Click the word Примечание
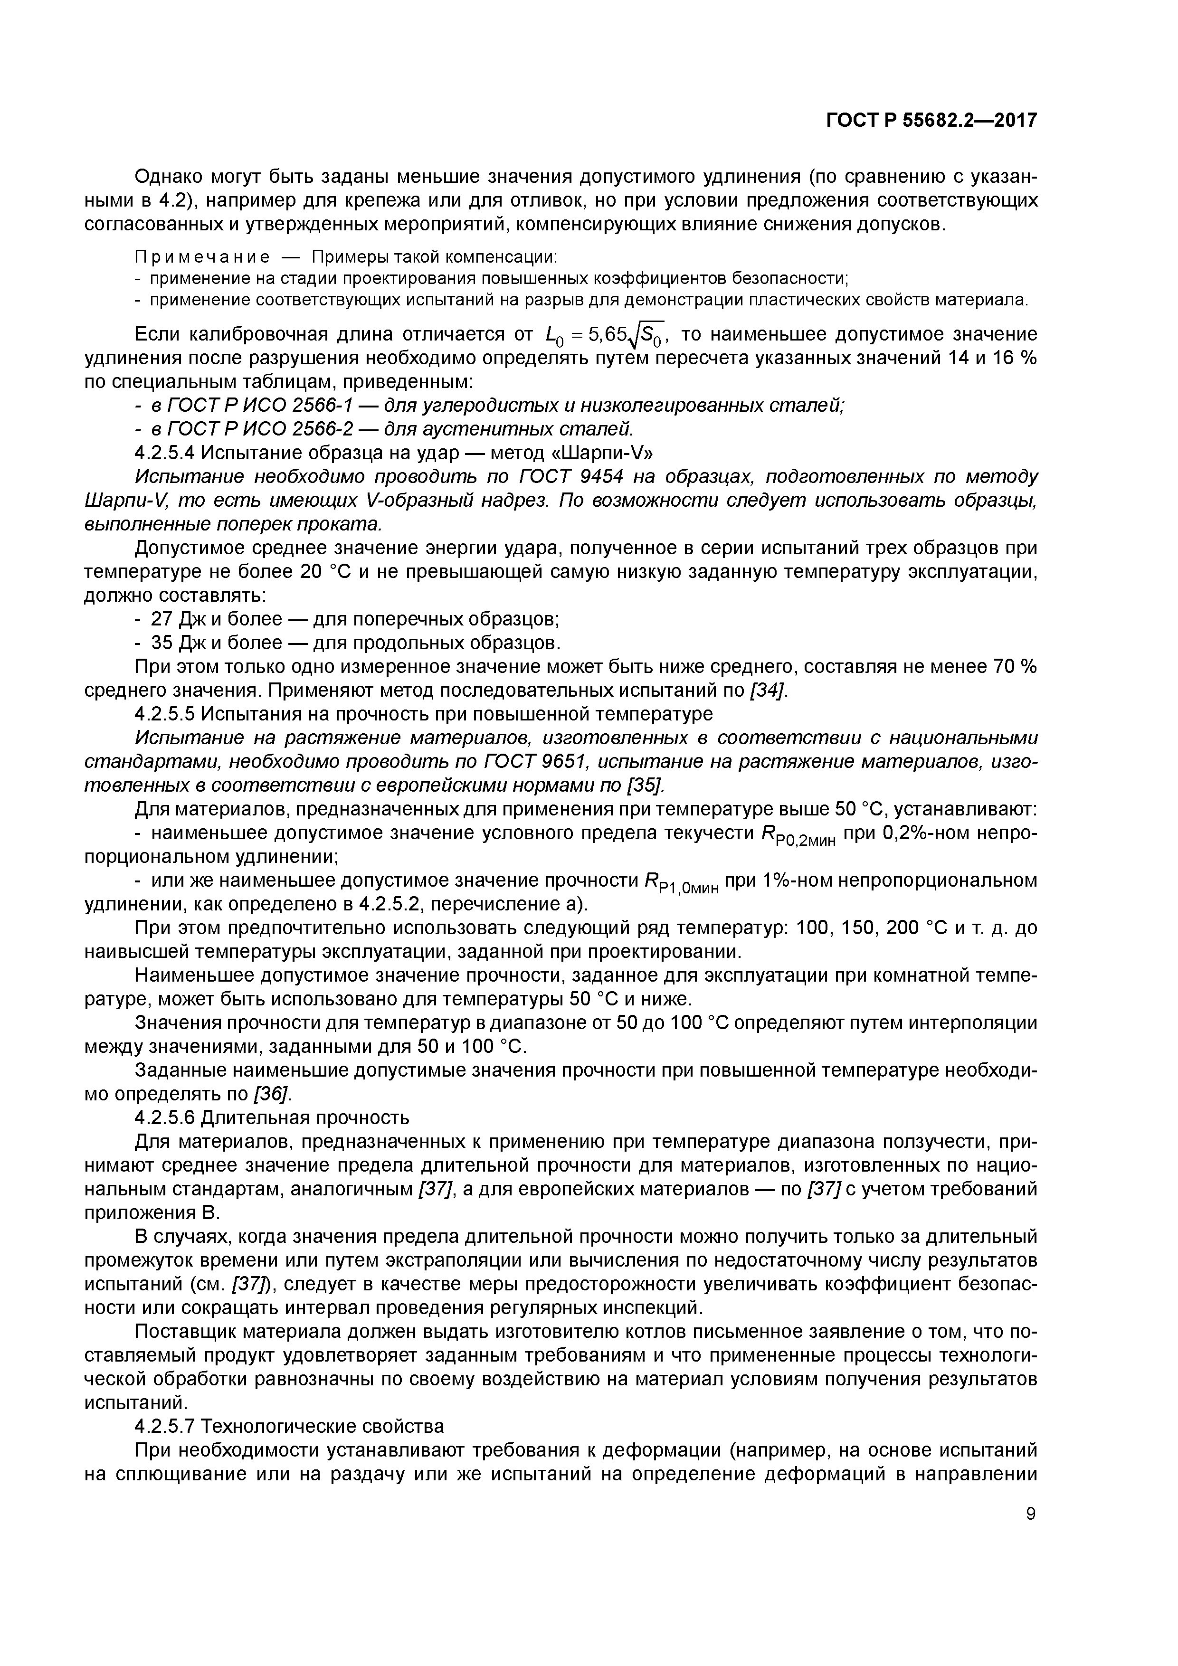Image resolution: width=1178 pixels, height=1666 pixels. [x=202, y=257]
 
